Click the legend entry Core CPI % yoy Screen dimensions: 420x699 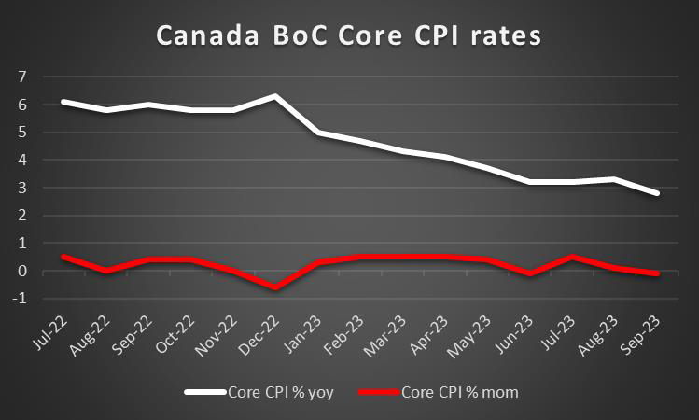point(275,393)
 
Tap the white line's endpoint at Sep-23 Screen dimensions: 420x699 point(659,193)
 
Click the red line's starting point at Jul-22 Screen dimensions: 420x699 point(62,257)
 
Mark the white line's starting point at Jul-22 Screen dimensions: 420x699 point(62,101)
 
